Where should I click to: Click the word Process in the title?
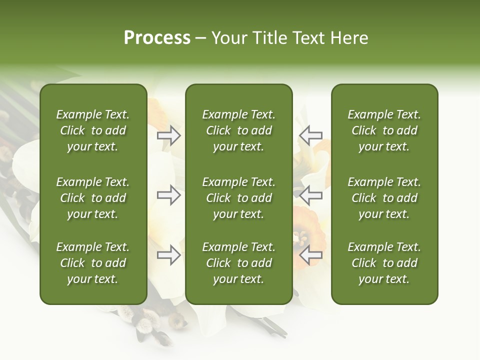point(157,38)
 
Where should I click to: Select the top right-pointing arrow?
point(169,135)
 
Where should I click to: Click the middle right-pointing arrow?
point(169,195)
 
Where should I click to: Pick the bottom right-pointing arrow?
point(169,255)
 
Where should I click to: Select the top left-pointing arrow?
point(310,135)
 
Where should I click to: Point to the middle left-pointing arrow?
point(310,195)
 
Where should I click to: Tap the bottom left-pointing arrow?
point(310,255)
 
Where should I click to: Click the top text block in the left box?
point(93,130)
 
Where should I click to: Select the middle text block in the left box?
point(93,198)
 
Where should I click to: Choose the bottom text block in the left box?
point(93,263)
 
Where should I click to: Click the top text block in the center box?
point(238,130)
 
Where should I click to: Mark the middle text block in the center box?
point(238,198)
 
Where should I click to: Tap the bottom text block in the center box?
point(238,263)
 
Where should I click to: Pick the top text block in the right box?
point(384,130)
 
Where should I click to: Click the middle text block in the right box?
point(384,198)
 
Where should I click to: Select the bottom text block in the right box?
point(384,263)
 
